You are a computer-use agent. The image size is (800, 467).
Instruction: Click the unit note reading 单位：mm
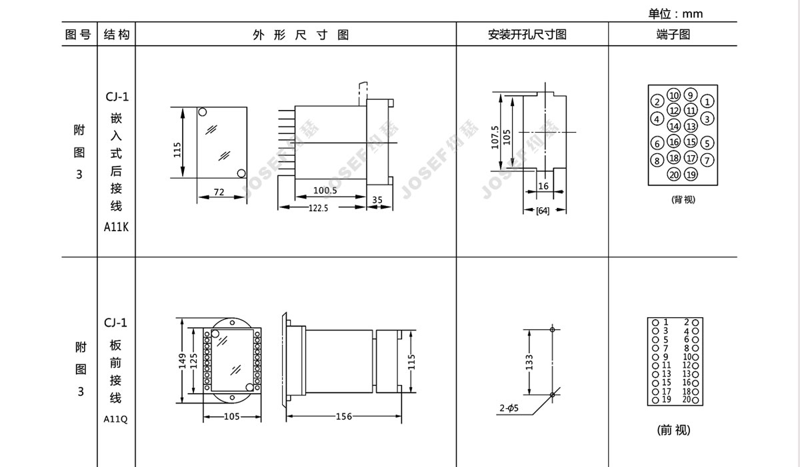675,13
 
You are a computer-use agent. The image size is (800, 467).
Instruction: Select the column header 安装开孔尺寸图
527,34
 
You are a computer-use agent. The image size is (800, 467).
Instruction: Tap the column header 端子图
673,34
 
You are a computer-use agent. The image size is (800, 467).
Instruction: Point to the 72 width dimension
219,192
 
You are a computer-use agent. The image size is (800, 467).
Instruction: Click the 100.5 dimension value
325,190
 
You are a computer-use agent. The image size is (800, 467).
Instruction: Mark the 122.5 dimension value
318,208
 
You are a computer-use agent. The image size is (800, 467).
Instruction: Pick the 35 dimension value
377,199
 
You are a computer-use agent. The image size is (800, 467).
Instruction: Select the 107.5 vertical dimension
495,137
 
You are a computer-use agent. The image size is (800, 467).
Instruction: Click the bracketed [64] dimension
543,211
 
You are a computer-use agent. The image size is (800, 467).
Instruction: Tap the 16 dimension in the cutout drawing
543,186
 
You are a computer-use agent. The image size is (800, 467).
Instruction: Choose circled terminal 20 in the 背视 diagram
674,175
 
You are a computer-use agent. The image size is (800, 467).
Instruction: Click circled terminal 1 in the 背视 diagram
707,102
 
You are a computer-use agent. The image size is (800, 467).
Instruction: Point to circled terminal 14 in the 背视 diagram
674,126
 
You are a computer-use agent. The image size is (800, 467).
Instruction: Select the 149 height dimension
183,360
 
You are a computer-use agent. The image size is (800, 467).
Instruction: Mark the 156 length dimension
343,416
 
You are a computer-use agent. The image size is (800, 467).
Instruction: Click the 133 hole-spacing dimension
529,362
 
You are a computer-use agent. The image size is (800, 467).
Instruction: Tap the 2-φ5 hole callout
509,408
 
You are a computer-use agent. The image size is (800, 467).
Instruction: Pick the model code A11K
116,227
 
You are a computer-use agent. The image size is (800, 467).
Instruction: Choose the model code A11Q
115,419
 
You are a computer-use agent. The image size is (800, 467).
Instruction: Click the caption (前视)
673,430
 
